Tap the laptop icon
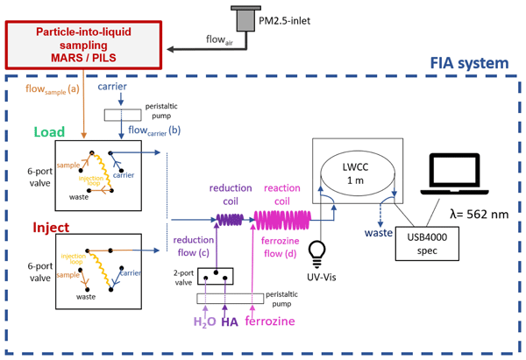pyautogui.click(x=459, y=175)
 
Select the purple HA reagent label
pyautogui.click(x=230, y=322)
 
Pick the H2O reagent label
pyautogui.click(x=203, y=322)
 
